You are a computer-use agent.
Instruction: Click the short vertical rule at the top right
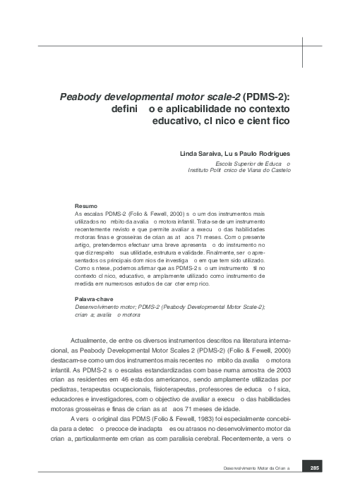click(x=302, y=49)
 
